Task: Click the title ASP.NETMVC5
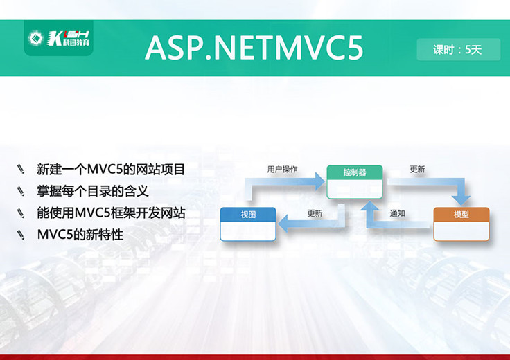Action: [254, 48]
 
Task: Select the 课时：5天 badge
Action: [457, 49]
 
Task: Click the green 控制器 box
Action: [355, 181]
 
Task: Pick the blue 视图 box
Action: [247, 224]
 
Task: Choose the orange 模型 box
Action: [461, 224]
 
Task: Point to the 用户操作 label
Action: [282, 169]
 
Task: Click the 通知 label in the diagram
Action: [397, 213]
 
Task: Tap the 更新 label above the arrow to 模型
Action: [417, 169]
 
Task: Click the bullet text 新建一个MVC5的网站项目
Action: [111, 169]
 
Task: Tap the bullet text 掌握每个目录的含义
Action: [93, 191]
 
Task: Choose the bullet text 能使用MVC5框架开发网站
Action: [111, 213]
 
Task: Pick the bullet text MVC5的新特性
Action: [80, 235]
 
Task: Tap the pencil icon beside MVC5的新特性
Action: [21, 235]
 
